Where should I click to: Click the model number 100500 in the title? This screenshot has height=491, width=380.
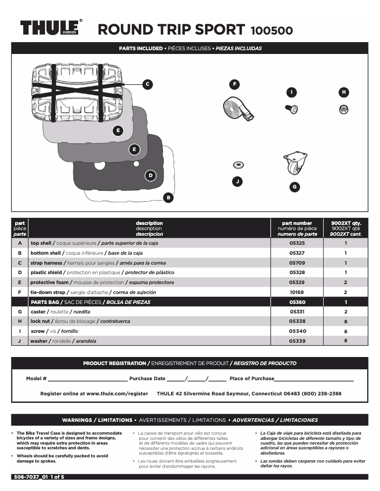click(x=271, y=30)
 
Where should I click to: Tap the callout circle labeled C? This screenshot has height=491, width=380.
click(x=147, y=84)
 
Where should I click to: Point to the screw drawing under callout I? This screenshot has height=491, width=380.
click(x=291, y=109)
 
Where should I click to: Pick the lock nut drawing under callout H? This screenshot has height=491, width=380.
click(x=344, y=109)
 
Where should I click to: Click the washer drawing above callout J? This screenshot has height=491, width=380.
click(x=238, y=165)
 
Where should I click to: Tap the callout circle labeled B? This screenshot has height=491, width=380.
click(x=168, y=197)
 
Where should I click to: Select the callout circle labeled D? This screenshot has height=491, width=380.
click(x=150, y=176)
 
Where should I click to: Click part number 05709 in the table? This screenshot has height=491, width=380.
click(x=297, y=263)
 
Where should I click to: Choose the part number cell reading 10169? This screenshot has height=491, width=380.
click(x=297, y=293)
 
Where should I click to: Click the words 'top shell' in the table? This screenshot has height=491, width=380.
click(x=41, y=243)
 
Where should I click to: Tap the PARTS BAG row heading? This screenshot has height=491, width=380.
click(x=45, y=302)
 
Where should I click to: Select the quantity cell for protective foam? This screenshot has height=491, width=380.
click(x=345, y=283)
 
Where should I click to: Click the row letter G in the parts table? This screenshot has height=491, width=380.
click(x=19, y=312)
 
